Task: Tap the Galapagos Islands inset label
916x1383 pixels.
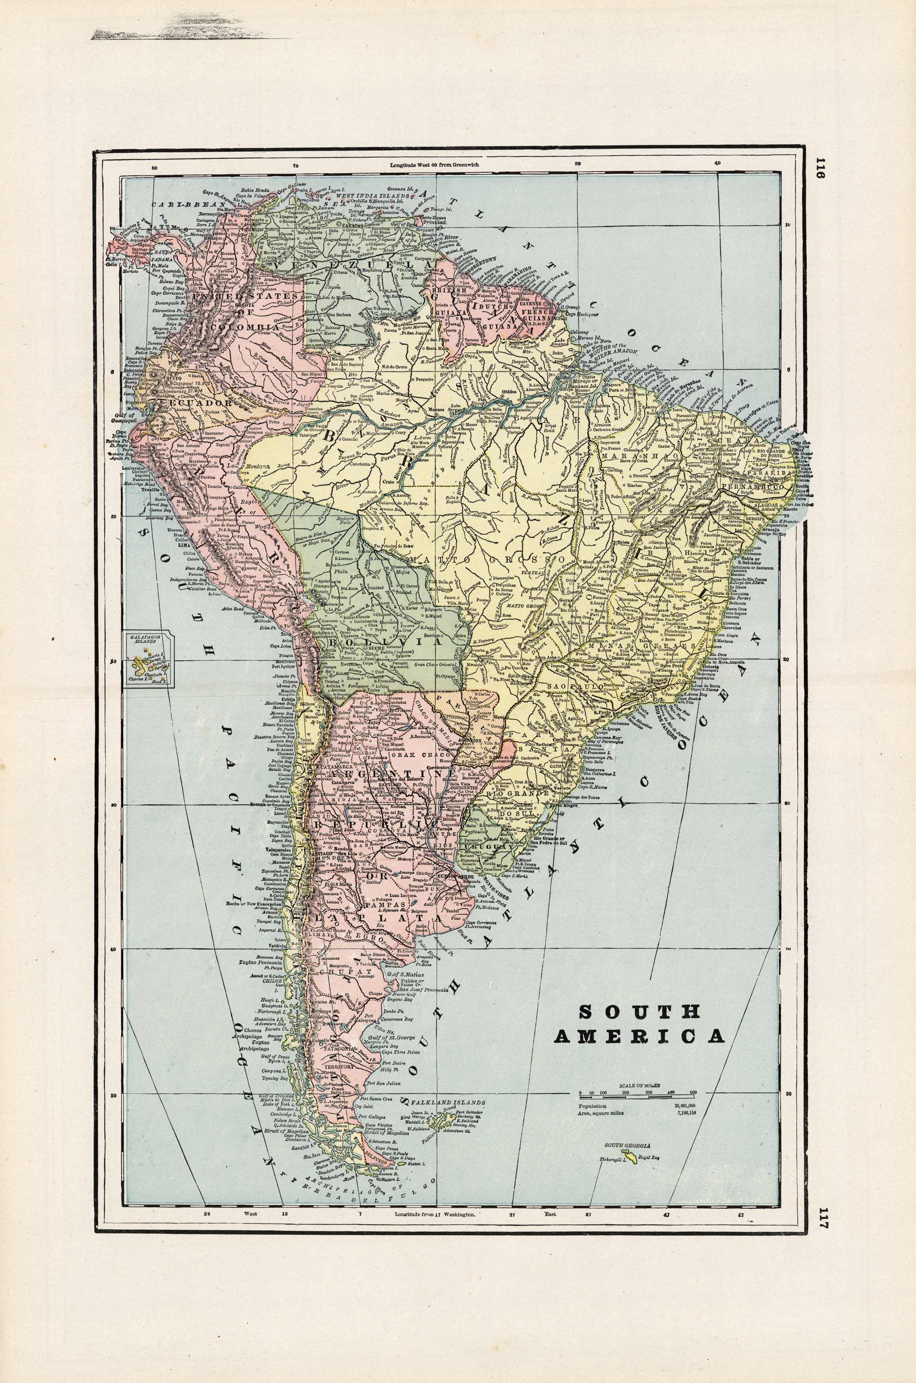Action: (x=147, y=639)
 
